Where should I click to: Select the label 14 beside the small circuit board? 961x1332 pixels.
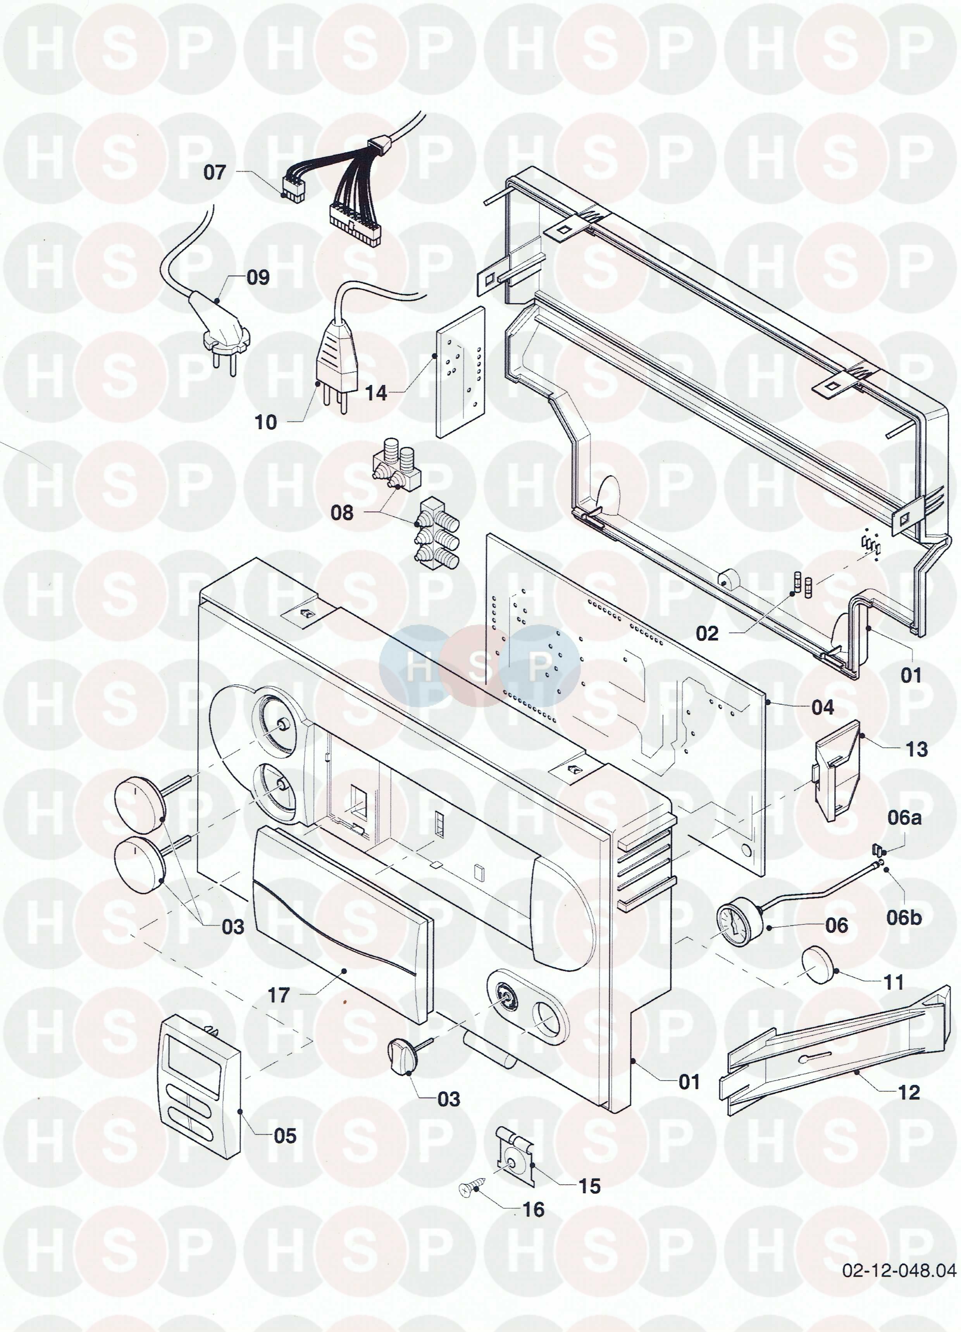coord(376,393)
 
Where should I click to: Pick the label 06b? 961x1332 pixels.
coord(904,917)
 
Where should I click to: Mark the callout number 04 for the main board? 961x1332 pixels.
coord(822,707)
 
